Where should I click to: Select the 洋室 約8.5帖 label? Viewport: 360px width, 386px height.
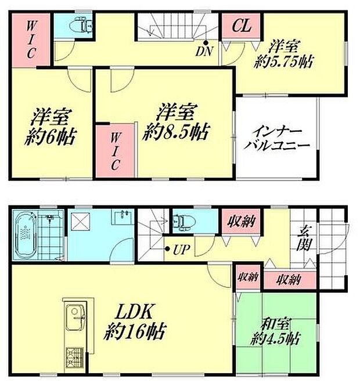(x=178, y=122)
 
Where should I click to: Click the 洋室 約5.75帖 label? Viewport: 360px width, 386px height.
(x=285, y=53)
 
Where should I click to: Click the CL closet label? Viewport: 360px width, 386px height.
(x=242, y=26)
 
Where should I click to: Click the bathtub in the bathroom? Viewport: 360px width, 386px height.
(x=26, y=237)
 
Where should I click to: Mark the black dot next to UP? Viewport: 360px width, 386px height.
(x=167, y=250)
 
